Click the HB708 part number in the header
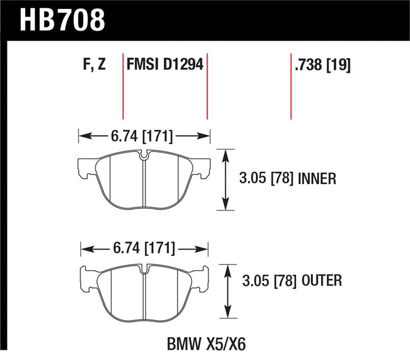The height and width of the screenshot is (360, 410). [x=62, y=20]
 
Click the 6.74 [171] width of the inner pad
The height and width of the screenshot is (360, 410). [x=141, y=137]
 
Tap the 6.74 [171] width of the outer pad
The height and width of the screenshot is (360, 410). [x=143, y=249]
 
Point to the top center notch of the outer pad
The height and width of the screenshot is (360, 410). [x=145, y=269]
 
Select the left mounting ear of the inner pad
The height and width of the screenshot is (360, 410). [x=85, y=169]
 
